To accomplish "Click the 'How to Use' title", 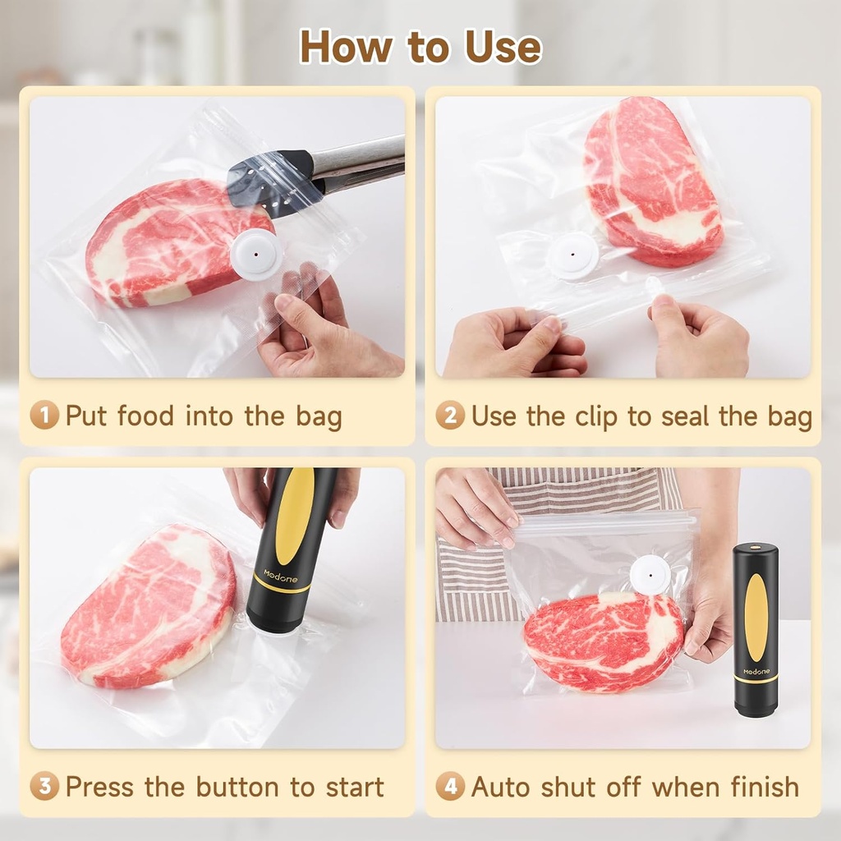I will (420, 46).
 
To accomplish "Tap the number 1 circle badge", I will (44, 416).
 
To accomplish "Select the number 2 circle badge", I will (450, 416).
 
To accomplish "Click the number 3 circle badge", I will (44, 787).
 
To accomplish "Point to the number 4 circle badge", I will (450, 787).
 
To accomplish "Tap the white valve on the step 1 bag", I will (257, 255).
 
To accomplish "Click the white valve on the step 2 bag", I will (572, 255).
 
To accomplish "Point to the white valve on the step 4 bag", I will (650, 575).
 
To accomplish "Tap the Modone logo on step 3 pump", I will (281, 574).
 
